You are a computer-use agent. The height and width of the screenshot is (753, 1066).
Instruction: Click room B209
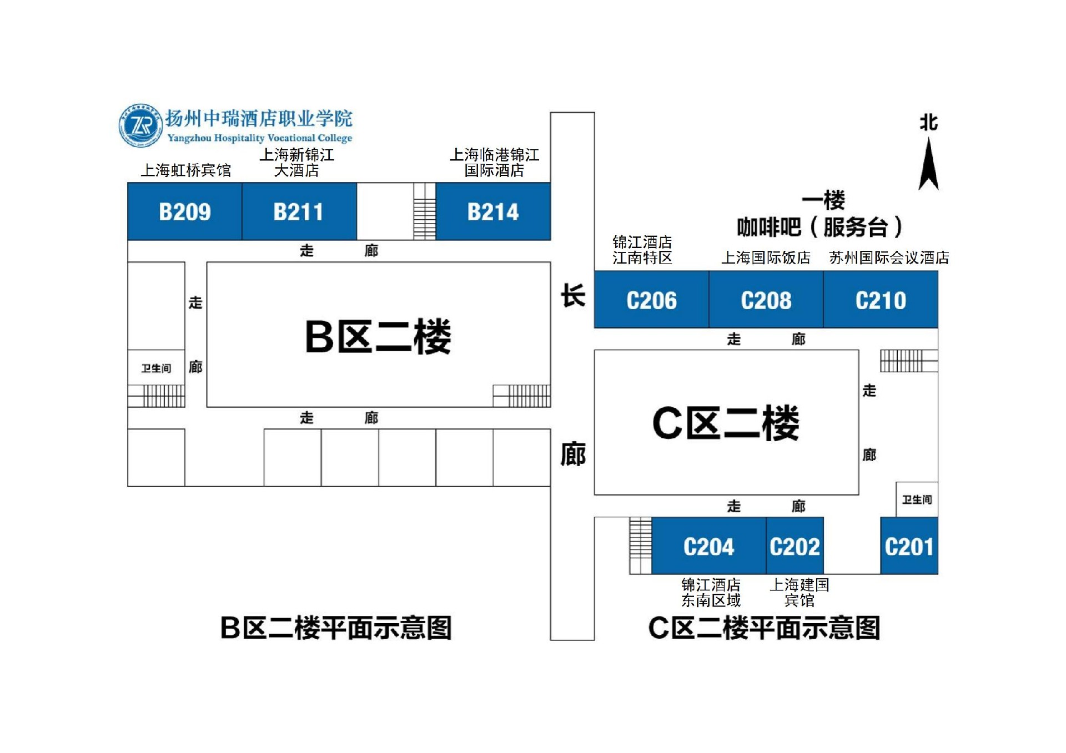point(185,211)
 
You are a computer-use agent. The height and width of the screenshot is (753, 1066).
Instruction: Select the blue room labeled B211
point(299,211)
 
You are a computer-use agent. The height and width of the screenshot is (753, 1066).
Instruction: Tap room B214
point(493,211)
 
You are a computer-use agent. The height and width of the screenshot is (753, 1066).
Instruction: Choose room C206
point(651,300)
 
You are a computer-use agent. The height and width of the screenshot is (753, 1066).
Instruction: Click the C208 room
point(766,300)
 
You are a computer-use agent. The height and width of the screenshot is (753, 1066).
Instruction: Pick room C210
point(881,300)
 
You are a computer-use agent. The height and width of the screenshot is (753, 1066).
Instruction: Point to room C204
point(708,546)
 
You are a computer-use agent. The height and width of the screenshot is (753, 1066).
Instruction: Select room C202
point(795,546)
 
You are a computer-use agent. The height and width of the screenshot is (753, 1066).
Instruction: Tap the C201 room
point(909,546)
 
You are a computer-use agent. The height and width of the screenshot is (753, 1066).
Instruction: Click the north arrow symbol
point(928,164)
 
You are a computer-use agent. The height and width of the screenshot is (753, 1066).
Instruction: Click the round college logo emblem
point(140,125)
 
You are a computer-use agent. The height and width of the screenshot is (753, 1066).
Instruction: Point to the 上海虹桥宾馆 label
point(185,170)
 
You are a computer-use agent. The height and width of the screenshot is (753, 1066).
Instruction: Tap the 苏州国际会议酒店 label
point(888,257)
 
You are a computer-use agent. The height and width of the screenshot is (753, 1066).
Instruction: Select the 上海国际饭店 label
point(766,257)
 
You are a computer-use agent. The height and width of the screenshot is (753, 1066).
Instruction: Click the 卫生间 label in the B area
point(156,368)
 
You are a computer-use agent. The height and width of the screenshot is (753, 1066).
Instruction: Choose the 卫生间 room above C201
point(917,499)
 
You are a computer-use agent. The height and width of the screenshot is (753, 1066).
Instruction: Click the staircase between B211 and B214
point(425,211)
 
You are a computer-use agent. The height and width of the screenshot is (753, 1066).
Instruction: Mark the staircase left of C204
point(640,545)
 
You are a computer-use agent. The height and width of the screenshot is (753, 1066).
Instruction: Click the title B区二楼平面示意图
point(336,628)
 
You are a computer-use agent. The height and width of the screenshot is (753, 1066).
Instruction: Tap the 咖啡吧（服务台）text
point(819,227)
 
